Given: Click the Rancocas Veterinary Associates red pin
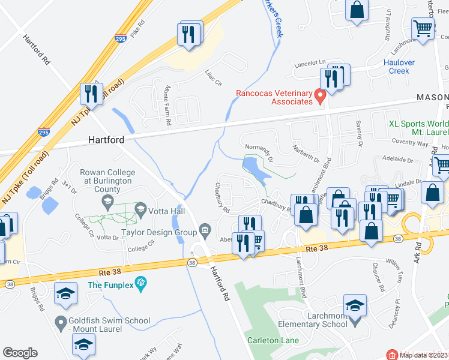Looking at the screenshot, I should (320, 95).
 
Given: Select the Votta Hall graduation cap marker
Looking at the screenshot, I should (141, 209).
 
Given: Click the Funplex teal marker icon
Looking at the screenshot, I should (141, 282).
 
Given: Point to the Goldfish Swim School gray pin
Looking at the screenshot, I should (60, 323).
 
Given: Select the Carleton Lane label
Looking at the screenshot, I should (269, 340).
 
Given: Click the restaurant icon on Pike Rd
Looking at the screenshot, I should (188, 34).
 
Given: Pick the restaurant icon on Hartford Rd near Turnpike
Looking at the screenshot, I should (92, 94).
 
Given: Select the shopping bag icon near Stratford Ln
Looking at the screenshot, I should (357, 10).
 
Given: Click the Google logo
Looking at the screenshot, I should (20, 353).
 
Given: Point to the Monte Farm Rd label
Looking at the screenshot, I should (167, 106).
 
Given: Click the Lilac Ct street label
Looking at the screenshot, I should (214, 78).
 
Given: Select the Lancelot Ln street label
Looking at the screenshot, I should (309, 63).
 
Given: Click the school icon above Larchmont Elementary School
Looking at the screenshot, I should (355, 305).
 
